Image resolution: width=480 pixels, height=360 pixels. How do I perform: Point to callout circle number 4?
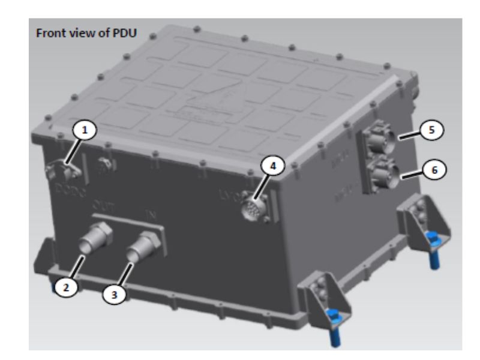tap(272, 166)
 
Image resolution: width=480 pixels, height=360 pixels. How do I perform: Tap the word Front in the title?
tap(50, 32)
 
